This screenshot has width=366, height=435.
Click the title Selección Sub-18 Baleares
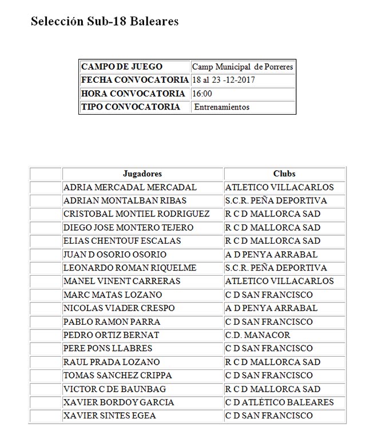click(105, 22)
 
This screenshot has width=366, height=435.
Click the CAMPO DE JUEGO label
click(122, 67)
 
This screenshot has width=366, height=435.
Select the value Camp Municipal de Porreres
click(242, 67)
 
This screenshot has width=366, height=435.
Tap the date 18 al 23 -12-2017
click(224, 80)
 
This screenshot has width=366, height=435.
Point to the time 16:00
click(202, 94)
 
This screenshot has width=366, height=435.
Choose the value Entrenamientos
click(222, 107)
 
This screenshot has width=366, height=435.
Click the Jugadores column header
click(142, 174)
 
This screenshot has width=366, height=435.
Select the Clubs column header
click(284, 174)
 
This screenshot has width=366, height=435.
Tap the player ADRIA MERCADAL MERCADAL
click(130, 187)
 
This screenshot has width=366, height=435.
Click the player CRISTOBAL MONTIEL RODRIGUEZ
click(137, 214)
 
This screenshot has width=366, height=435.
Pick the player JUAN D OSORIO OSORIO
click(115, 255)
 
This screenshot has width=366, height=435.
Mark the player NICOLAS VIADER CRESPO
click(119, 308)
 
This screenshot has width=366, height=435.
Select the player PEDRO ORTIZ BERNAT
click(112, 335)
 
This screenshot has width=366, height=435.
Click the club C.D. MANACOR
click(258, 335)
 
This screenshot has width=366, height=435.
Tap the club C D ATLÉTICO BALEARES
click(279, 402)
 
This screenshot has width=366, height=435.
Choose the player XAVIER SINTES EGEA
click(110, 416)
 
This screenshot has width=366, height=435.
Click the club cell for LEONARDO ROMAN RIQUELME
click(276, 268)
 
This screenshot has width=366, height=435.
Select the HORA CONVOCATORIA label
click(133, 94)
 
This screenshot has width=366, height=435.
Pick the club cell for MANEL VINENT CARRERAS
click(279, 281)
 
